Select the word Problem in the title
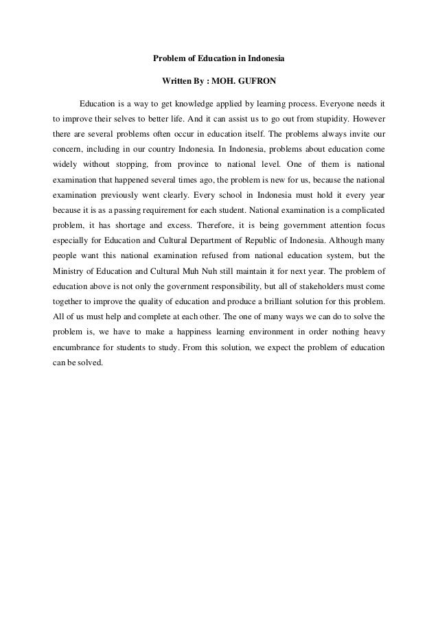(169, 59)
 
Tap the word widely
(66, 165)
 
